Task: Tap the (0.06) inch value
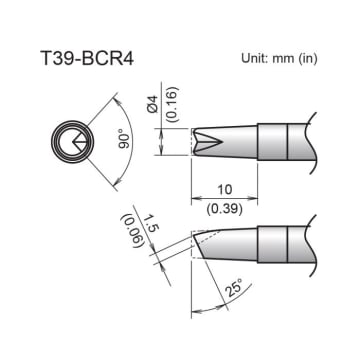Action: (x=129, y=230)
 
